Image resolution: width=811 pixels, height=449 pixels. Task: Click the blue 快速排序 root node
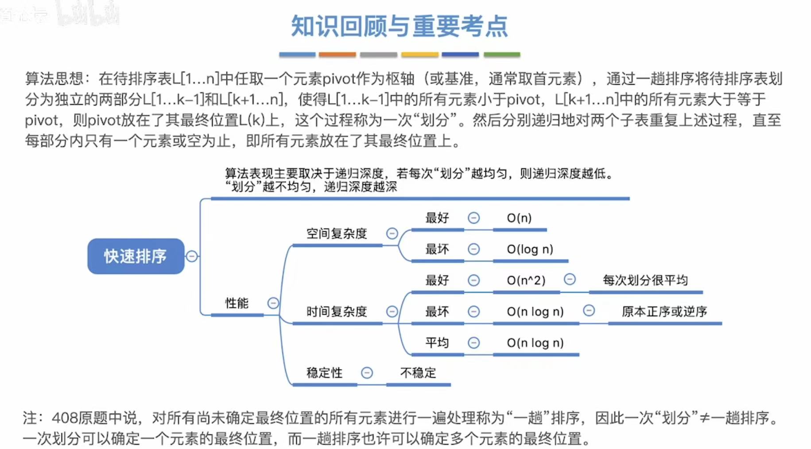coord(136,256)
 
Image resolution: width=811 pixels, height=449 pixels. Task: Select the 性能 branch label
coord(237,303)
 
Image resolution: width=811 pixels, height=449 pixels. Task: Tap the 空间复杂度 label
coord(337,234)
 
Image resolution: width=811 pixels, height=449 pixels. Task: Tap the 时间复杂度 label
coord(337,312)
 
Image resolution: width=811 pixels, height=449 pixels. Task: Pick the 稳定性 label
coord(324,373)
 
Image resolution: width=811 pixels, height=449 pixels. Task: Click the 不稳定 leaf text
coord(418,373)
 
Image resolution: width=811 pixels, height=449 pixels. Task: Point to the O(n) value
coord(519,218)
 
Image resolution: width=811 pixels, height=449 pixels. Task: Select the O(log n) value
coord(530,249)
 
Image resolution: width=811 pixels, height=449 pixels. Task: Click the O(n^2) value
coord(526,281)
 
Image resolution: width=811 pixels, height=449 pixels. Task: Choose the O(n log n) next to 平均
coord(535,343)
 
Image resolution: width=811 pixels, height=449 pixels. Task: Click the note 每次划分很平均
coord(645,280)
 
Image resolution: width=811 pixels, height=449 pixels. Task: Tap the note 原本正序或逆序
coord(664,312)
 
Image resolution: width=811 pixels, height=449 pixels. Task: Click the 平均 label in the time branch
coord(437,343)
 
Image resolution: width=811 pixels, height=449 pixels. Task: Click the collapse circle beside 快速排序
coord(192,256)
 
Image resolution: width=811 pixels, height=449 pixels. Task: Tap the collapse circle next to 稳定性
coord(367,373)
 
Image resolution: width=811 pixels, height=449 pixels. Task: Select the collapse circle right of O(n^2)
coord(570,279)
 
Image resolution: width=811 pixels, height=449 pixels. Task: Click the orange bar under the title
coord(337,55)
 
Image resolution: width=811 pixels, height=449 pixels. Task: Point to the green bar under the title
coord(502,55)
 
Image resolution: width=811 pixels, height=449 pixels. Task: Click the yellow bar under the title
coord(419,55)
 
